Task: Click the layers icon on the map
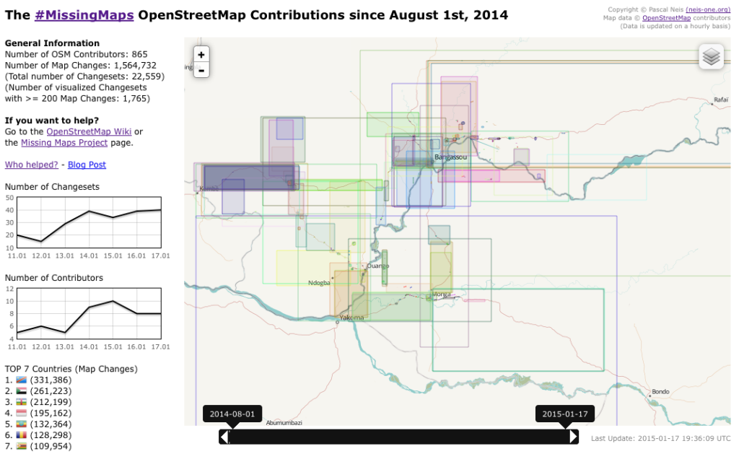pos(712,56)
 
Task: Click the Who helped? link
pos(32,165)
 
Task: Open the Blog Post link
pos(87,165)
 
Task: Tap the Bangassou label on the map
pos(450,157)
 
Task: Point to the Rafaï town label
pos(721,100)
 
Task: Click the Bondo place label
pos(660,392)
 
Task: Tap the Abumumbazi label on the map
pos(284,422)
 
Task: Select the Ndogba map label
pos(319,283)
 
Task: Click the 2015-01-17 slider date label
pos(565,414)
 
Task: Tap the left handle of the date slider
pos(224,437)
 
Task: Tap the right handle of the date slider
pos(574,437)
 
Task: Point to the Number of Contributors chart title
pos(54,278)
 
